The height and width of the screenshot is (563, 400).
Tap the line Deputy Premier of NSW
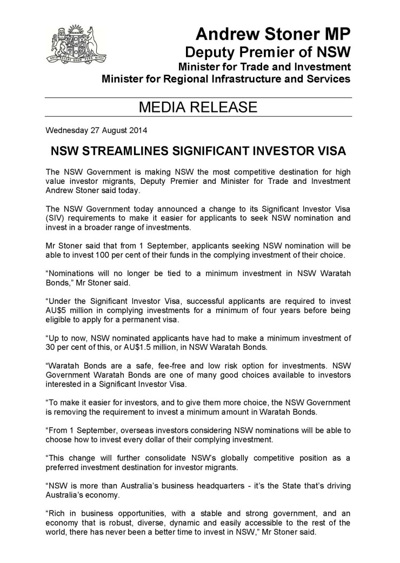pos(268,53)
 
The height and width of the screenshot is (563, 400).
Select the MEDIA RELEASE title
pos(198,107)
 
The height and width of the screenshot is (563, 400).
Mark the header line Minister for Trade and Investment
pos(265,68)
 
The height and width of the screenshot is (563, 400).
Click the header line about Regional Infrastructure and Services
pos(226,79)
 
